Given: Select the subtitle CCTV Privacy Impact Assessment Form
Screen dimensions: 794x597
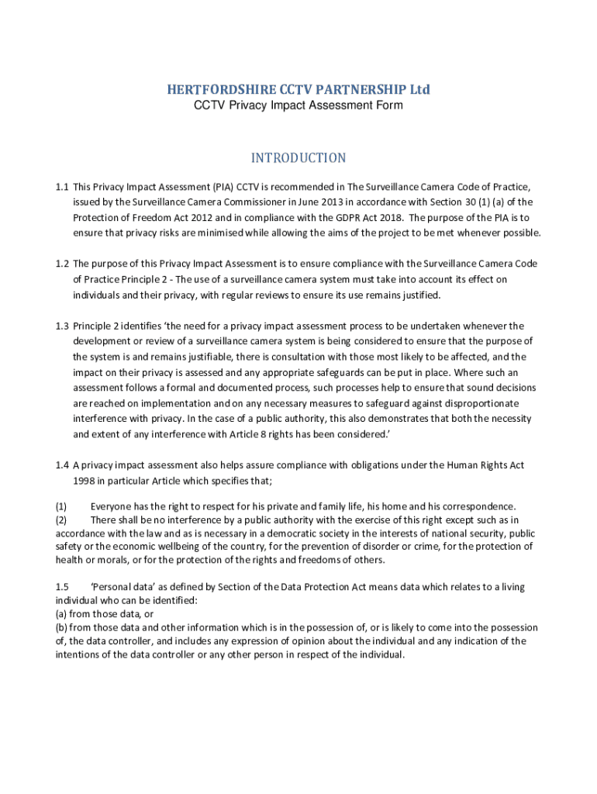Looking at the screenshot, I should (298, 105).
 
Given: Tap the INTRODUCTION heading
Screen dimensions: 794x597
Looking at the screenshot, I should (298, 158).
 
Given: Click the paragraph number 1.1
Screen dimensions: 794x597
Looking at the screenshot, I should (62, 188).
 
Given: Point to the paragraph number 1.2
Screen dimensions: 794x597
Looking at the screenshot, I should (62, 264).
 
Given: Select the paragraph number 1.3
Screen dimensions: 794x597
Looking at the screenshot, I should (62, 326).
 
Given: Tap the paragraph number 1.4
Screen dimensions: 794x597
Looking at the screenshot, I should (62, 465).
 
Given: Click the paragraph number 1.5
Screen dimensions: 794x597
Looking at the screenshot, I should (62, 587).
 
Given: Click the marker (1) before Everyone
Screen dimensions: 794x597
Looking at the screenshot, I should (61, 506).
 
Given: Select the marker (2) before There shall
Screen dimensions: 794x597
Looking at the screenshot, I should (61, 520).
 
